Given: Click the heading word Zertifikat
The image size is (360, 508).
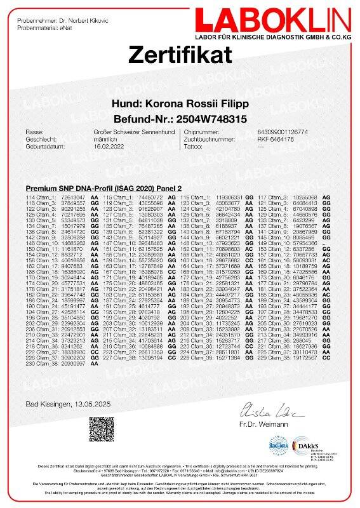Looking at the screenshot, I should [x=180, y=55].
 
